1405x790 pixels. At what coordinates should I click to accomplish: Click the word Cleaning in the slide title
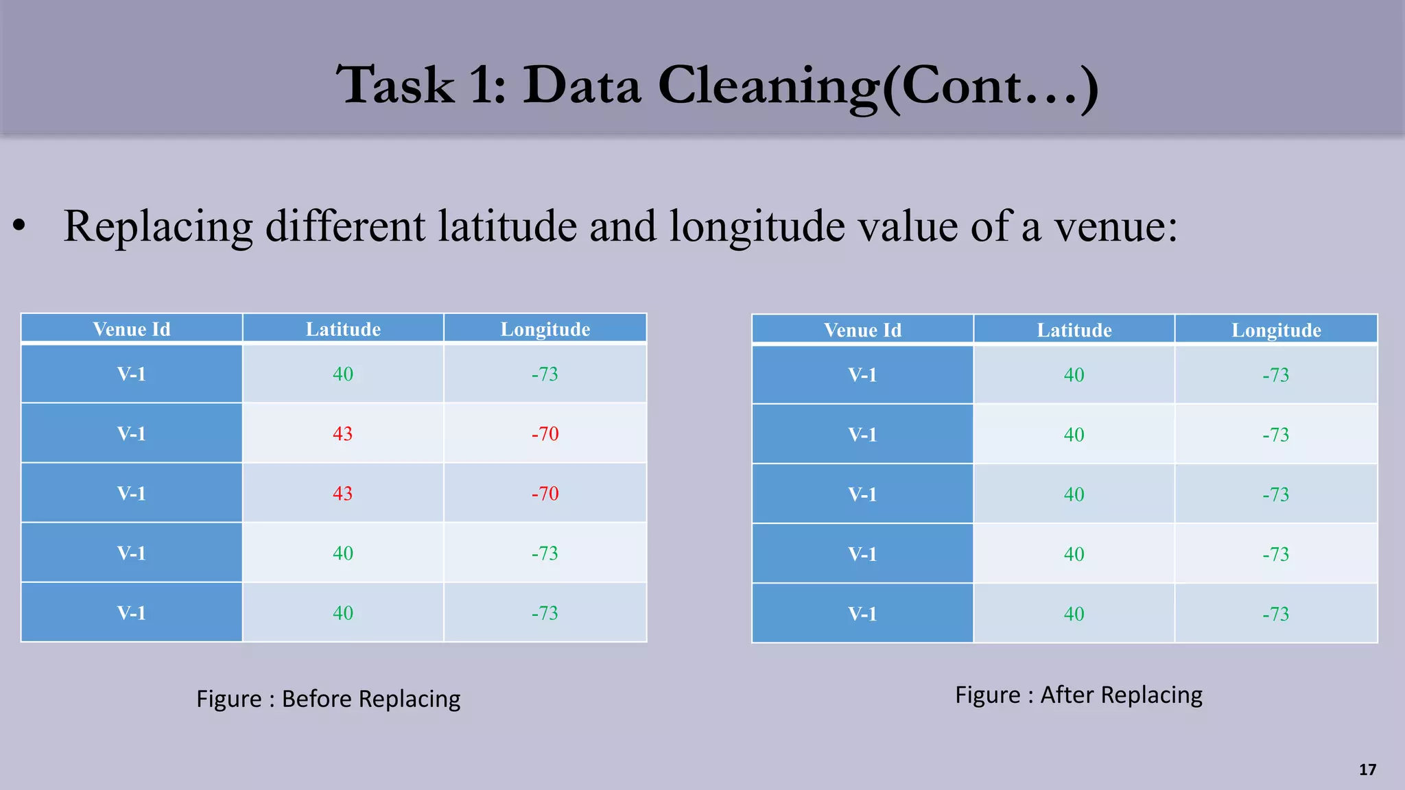pos(768,86)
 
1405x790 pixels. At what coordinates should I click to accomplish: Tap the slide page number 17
pos(1367,769)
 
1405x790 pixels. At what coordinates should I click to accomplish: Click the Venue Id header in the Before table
pos(131,329)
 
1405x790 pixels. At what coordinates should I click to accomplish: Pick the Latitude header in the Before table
pos(343,329)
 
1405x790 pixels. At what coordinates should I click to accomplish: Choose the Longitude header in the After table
pos(1276,330)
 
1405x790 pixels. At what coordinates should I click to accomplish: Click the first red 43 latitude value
pos(342,433)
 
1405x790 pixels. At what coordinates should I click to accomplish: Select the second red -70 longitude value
pos(545,493)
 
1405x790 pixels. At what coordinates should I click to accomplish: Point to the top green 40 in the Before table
pos(343,374)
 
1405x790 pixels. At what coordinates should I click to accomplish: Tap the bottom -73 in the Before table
pos(545,613)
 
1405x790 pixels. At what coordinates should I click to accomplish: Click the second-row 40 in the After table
pos(1074,435)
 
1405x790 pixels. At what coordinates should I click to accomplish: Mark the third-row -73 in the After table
pos(1275,494)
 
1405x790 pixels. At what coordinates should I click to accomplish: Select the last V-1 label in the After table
pos(862,614)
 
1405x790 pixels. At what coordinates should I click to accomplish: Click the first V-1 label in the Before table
pos(131,374)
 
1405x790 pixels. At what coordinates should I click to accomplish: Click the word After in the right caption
pos(1067,695)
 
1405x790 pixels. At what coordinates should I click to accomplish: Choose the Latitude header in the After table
pos(1074,330)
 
